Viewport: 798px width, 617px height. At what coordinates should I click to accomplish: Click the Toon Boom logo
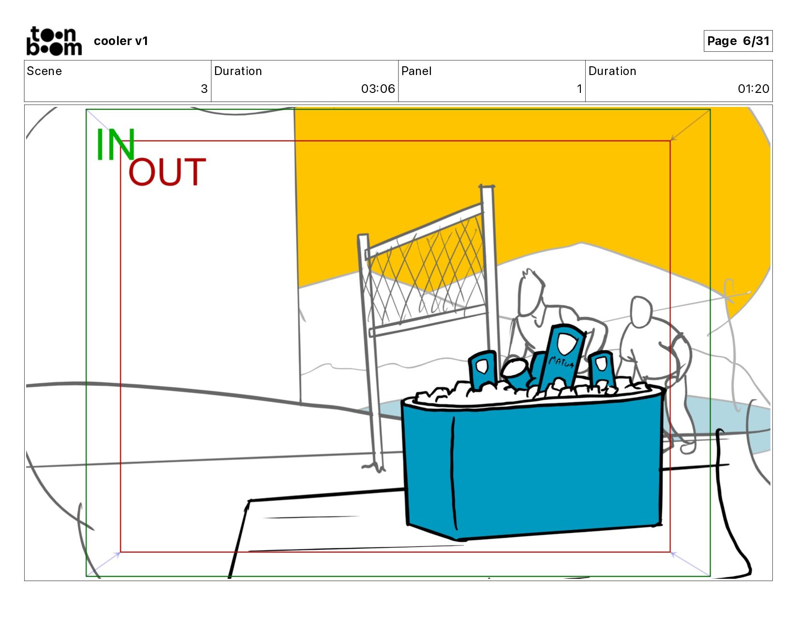pyautogui.click(x=54, y=41)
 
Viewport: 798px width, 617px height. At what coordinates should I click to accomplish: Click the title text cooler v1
pyautogui.click(x=121, y=41)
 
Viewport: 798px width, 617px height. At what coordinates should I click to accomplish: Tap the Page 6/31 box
pyautogui.click(x=738, y=41)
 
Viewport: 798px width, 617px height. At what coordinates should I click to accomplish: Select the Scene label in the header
pyautogui.click(x=44, y=71)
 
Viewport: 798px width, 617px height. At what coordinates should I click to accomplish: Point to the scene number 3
pyautogui.click(x=204, y=89)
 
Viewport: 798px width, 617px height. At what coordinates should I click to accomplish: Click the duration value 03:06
pyautogui.click(x=378, y=89)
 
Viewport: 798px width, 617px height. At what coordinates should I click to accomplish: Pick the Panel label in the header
pyautogui.click(x=416, y=71)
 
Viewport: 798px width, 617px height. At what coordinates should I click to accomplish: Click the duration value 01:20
pyautogui.click(x=754, y=89)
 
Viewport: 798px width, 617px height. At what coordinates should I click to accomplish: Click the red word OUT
pyautogui.click(x=167, y=172)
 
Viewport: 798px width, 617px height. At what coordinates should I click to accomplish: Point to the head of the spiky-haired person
pyautogui.click(x=531, y=292)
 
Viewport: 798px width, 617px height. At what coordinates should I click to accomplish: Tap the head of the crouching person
pyautogui.click(x=641, y=312)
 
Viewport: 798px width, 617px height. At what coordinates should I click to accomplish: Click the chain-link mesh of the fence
pyautogui.click(x=426, y=272)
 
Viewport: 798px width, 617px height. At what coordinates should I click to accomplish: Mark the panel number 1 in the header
pyautogui.click(x=579, y=89)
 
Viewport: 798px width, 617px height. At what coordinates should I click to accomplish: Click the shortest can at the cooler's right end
pyautogui.click(x=601, y=369)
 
